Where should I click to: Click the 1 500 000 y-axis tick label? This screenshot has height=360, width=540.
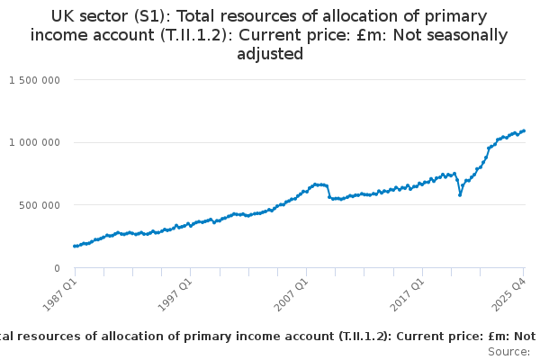coord(34,80)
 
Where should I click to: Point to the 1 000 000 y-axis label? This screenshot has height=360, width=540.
coord(34,142)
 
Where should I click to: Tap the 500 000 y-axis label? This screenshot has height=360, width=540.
coord(40,205)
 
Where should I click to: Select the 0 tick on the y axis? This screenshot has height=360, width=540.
coord(56,268)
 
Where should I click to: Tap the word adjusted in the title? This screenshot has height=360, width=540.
coord(270,54)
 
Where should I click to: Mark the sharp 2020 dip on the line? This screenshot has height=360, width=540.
coord(460,194)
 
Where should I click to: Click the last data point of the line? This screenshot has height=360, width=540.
coord(525,130)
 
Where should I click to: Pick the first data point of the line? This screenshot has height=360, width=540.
coord(75,246)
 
